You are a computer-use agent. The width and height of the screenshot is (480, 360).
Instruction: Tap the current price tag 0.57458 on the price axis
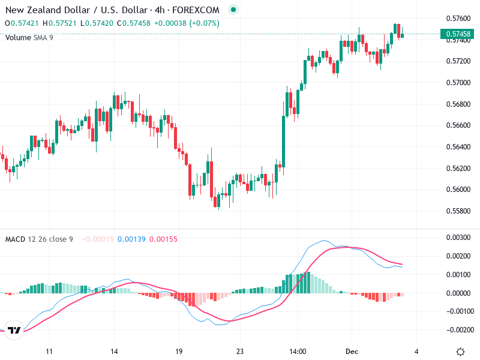458,34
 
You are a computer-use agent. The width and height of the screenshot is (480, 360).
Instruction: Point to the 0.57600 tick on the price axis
458,18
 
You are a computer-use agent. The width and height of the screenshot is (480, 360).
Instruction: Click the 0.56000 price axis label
458,190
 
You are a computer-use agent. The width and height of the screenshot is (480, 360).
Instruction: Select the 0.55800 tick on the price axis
458,211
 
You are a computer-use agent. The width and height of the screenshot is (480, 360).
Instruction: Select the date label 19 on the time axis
179,352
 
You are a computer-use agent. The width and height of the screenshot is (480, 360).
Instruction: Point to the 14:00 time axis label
298,352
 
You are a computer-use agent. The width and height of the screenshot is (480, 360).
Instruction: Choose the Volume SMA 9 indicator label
29,37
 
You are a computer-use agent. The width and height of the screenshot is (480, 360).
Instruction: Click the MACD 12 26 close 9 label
39,239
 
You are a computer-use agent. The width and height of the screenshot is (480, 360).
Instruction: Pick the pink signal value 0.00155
163,239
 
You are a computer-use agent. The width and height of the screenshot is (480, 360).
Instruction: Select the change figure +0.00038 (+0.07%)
187,23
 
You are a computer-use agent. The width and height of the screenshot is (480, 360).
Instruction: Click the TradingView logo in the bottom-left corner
15,331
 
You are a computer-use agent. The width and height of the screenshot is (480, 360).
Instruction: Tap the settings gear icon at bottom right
460,352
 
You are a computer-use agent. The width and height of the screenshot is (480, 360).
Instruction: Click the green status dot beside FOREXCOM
233,10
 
